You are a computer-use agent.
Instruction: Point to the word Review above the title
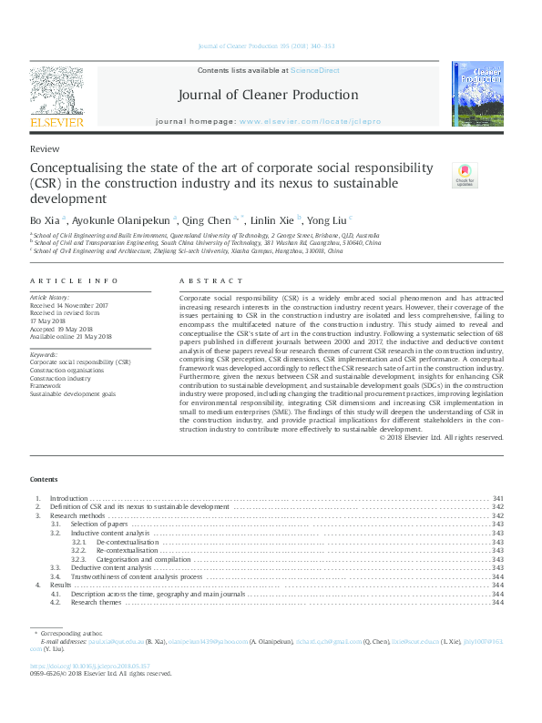(x=45, y=148)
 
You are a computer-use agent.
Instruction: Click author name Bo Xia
(x=43, y=219)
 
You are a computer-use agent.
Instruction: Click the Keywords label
(x=44, y=353)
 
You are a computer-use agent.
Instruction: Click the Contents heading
(x=44, y=479)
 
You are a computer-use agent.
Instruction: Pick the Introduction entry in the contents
(x=68, y=498)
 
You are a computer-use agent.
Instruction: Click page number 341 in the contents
(x=497, y=498)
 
